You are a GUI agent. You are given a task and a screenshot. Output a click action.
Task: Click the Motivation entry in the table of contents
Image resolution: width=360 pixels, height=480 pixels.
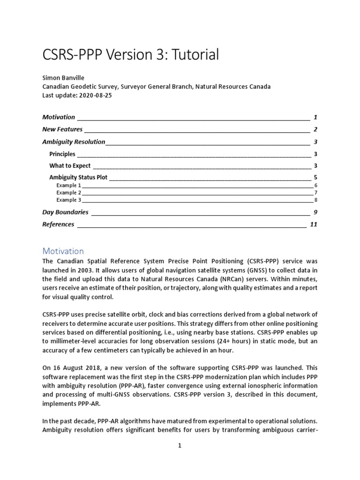59,117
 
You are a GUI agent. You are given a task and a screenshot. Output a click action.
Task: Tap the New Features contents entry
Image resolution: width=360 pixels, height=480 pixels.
62,129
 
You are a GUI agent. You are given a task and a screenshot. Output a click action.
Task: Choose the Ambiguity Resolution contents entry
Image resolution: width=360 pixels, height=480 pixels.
74,142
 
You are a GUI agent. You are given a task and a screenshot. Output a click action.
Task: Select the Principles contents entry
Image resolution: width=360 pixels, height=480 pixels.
62,154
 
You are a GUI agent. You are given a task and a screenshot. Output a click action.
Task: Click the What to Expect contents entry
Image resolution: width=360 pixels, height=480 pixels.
70,165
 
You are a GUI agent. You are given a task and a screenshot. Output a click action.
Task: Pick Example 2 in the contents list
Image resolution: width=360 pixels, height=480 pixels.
68,193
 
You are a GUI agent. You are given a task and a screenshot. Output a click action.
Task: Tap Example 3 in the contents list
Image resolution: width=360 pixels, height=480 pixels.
68,200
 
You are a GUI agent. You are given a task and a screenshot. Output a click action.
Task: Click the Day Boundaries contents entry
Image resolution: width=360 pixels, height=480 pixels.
65,212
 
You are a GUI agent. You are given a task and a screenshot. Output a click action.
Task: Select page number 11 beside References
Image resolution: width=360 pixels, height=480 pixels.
314,225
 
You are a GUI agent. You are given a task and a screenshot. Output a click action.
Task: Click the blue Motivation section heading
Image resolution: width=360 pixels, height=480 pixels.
63,251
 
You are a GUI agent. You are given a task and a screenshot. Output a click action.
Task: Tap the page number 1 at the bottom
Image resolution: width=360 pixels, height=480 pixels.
180,446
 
